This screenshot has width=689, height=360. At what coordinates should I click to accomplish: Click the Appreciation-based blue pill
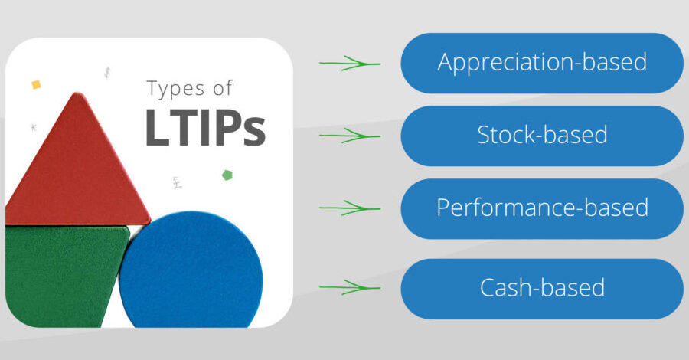pyautogui.click(x=542, y=64)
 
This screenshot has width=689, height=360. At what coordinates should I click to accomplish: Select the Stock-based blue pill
pyautogui.click(x=542, y=136)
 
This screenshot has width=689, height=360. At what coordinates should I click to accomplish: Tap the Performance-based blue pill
pyautogui.click(x=542, y=209)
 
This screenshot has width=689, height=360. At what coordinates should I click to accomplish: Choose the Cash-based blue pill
pyautogui.click(x=542, y=289)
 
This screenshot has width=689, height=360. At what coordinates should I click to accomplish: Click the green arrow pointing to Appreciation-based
pyautogui.click(x=350, y=64)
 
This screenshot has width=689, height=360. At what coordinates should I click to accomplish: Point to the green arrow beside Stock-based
pyautogui.click(x=350, y=136)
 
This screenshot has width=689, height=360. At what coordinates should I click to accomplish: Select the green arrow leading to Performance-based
pyautogui.click(x=350, y=208)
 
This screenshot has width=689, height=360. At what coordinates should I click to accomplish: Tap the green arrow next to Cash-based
pyautogui.click(x=350, y=287)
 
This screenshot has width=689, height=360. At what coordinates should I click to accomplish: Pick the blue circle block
pyautogui.click(x=191, y=270)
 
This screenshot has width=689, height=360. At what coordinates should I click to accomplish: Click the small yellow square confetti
pyautogui.click(x=36, y=84)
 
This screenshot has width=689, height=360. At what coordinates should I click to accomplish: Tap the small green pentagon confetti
pyautogui.click(x=227, y=175)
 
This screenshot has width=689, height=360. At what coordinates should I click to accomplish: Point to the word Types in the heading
pyautogui.click(x=176, y=89)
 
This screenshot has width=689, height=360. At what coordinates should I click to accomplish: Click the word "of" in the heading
pyautogui.click(x=222, y=88)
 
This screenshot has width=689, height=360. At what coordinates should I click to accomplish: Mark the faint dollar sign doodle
pyautogui.click(x=107, y=73)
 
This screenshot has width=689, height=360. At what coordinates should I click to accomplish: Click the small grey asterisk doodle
pyautogui.click(x=34, y=127)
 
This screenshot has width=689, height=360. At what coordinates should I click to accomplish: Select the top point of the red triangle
pyautogui.click(x=78, y=93)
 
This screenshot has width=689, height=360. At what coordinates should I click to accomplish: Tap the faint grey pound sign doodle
pyautogui.click(x=177, y=182)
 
